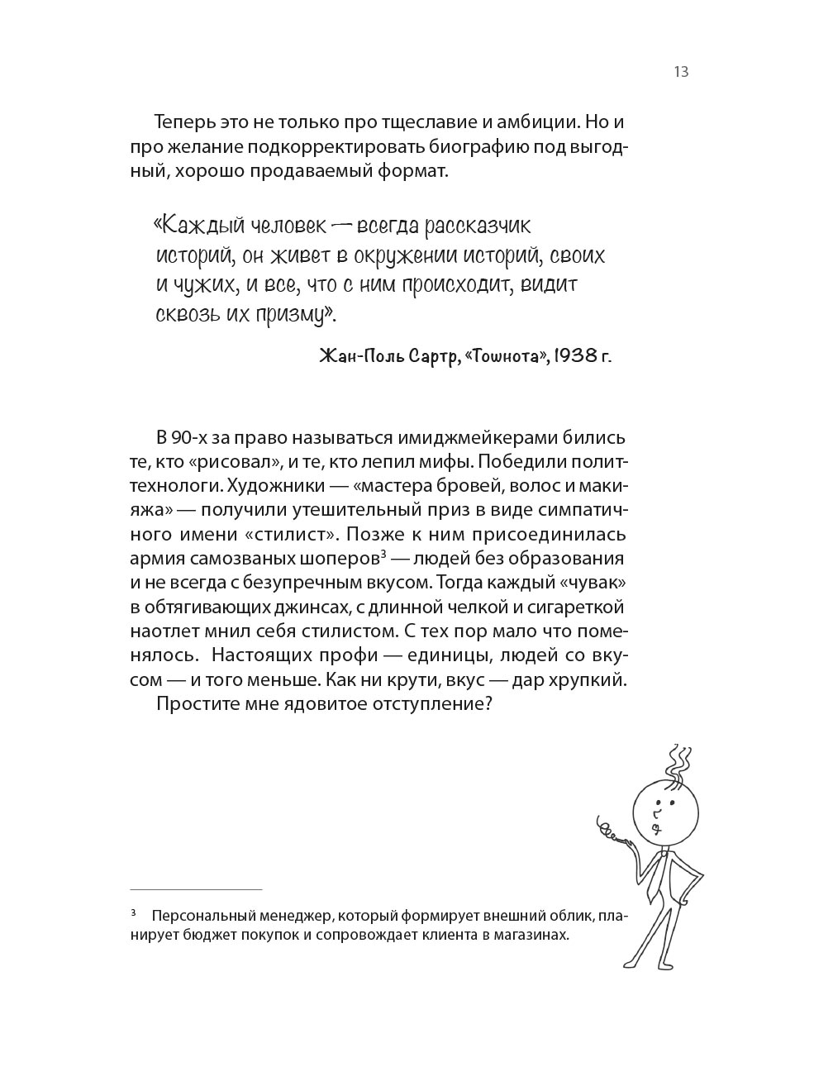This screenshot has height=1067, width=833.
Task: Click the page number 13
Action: (681, 72)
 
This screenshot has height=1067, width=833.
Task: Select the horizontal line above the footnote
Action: (196, 889)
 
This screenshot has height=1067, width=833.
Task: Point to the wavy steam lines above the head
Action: (679, 761)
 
